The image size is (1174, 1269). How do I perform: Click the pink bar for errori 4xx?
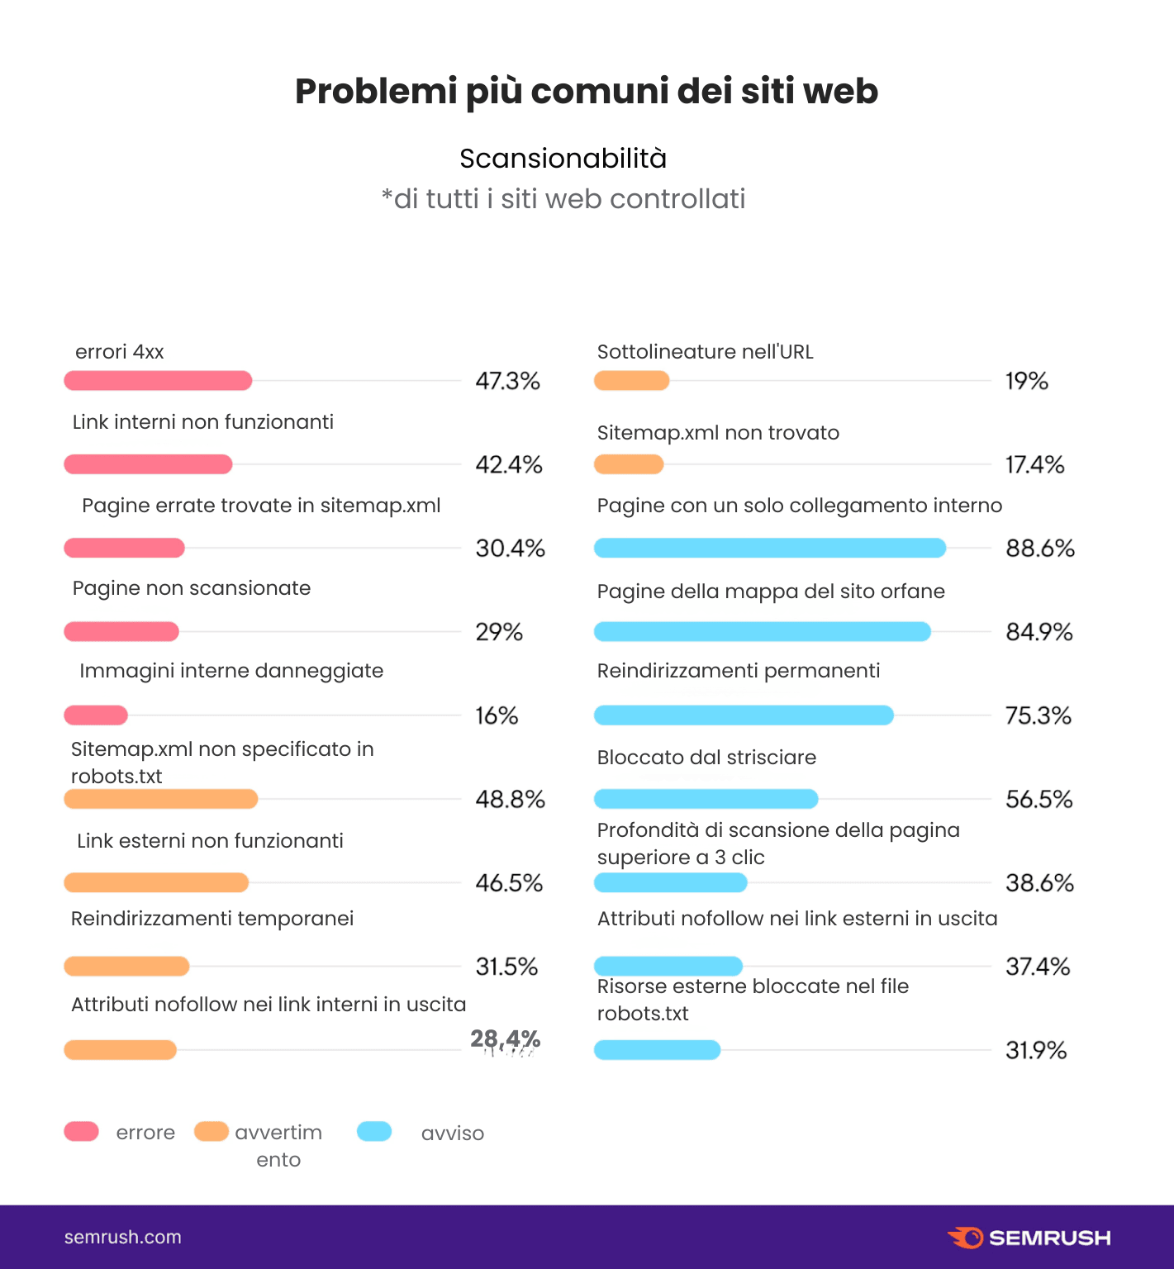(x=158, y=381)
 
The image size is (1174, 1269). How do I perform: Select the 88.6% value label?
(x=1039, y=549)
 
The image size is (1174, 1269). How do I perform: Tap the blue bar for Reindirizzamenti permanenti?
(x=744, y=715)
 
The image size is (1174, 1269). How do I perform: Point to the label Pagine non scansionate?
(x=192, y=588)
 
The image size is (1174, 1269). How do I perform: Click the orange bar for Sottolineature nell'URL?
(x=631, y=381)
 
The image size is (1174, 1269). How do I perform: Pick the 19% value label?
(x=1026, y=381)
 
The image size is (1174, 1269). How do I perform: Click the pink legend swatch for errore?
(x=82, y=1132)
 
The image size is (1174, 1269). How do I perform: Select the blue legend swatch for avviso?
(x=374, y=1132)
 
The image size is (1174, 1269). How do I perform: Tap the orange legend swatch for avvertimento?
(x=212, y=1132)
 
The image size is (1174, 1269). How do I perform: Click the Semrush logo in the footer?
(x=1029, y=1238)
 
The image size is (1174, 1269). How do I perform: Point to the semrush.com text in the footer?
(x=123, y=1238)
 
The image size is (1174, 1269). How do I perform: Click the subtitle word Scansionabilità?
(x=563, y=159)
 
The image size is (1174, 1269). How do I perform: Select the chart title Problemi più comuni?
(x=587, y=91)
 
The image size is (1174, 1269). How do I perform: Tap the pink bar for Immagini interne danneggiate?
(x=96, y=715)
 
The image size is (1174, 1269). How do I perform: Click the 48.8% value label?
(x=510, y=800)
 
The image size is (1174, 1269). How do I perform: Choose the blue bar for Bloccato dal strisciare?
(x=706, y=799)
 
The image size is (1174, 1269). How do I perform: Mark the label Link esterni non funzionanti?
(x=210, y=841)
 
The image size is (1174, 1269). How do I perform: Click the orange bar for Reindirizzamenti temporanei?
(x=126, y=966)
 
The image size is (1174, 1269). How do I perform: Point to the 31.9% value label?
(x=1035, y=1051)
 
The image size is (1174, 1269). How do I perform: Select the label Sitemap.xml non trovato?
(x=718, y=433)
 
